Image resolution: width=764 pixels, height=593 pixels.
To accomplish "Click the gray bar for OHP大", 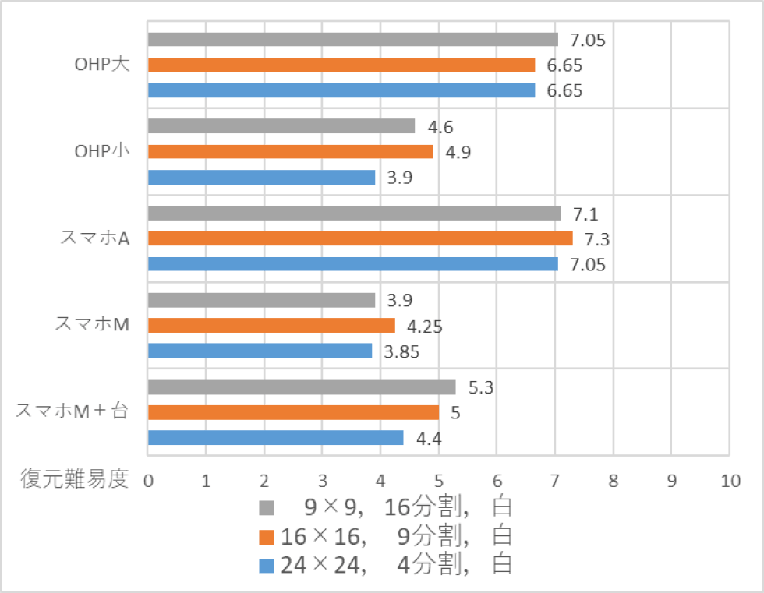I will pos(352,40).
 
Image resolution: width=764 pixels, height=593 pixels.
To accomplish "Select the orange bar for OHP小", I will pos(290,151).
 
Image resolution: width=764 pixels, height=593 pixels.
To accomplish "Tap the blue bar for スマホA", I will pos(352,264).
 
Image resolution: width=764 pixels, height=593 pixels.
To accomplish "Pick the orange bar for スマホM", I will pos(271,325).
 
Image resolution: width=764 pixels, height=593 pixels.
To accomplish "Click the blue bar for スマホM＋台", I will pos(275,437).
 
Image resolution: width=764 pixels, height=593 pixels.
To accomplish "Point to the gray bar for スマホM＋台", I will pos(302,387).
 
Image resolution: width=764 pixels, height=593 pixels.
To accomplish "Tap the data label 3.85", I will pos(401,352).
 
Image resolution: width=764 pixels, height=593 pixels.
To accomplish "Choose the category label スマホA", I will pos(94,238).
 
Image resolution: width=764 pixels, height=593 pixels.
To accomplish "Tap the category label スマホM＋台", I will pos(73,412).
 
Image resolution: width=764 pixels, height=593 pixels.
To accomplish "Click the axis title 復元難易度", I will pos(73,479).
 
